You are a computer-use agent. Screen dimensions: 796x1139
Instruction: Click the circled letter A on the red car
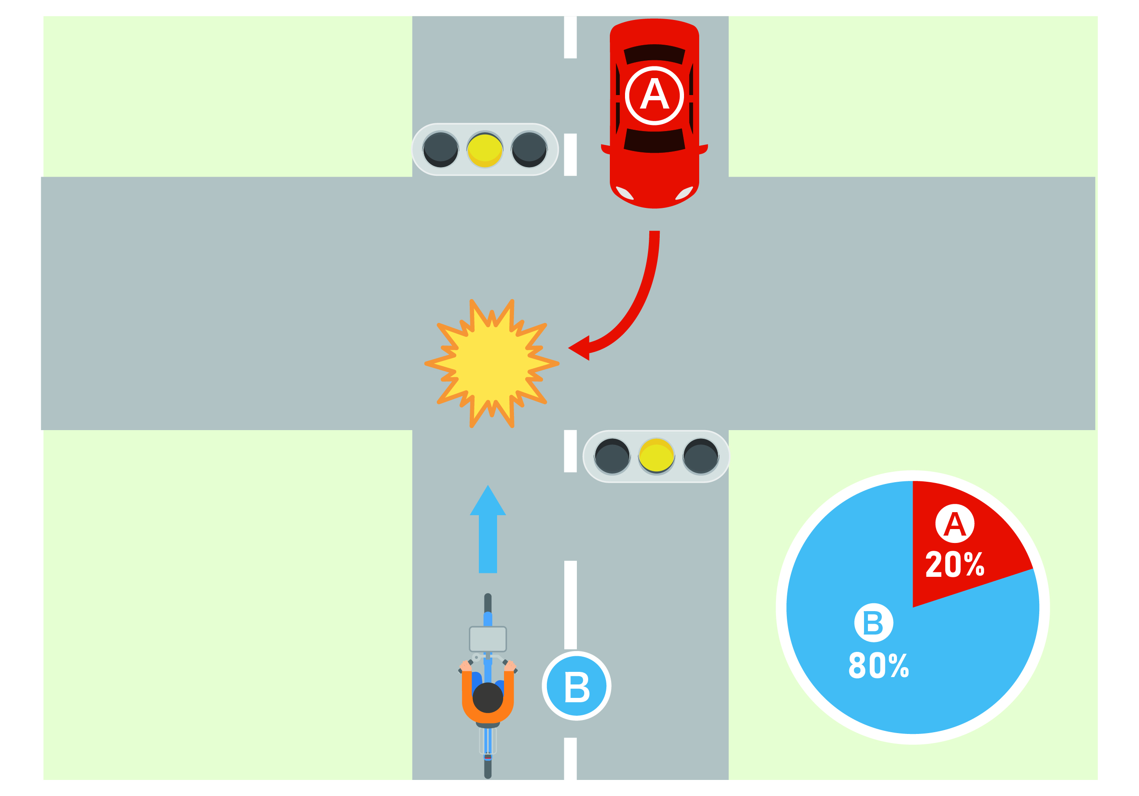[x=655, y=95]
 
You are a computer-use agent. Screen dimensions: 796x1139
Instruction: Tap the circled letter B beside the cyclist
[x=576, y=686]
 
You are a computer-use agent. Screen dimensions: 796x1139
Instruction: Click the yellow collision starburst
[x=491, y=364]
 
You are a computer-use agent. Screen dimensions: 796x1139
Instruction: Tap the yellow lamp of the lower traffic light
[x=656, y=456]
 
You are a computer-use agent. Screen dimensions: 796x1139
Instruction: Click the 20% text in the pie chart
[x=955, y=564]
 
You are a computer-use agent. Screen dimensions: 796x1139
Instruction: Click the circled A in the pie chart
[x=955, y=524]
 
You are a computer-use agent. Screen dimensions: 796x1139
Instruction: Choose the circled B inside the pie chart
[x=874, y=623]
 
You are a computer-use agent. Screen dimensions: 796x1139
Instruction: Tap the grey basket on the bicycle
[x=488, y=639]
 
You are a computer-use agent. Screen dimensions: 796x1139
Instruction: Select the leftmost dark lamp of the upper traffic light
[x=441, y=149]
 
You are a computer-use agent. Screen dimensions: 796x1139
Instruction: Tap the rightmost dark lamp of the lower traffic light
[x=700, y=456]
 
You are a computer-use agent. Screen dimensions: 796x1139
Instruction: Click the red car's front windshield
[x=655, y=142]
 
